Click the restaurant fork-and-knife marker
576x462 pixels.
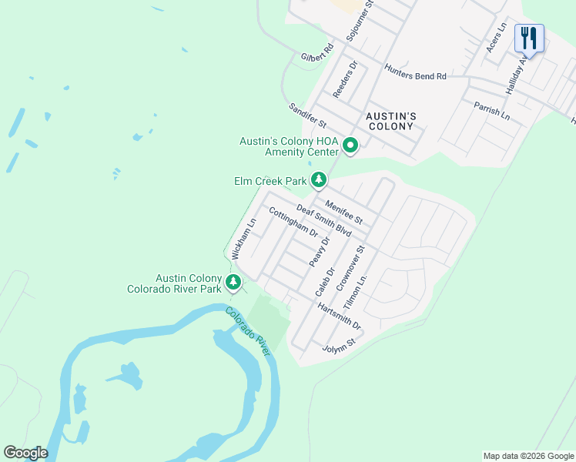pos(529,37)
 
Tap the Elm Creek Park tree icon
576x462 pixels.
pos(319,181)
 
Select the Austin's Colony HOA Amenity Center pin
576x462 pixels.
pos(350,145)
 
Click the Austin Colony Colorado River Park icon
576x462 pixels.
pos(233,283)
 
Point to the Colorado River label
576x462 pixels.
pos(248,331)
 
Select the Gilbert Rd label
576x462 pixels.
pos(317,53)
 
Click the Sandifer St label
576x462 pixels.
pos(308,116)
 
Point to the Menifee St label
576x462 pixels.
pos(343,213)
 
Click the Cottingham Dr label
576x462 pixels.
pos(293,221)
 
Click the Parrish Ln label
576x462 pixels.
pos(492,110)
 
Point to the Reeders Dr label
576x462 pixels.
pos(346,79)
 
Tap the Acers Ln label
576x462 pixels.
pos(496,38)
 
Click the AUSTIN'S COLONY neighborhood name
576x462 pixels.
pos(390,122)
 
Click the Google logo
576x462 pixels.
pos(25,453)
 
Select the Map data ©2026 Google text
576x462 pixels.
pos(527,456)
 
